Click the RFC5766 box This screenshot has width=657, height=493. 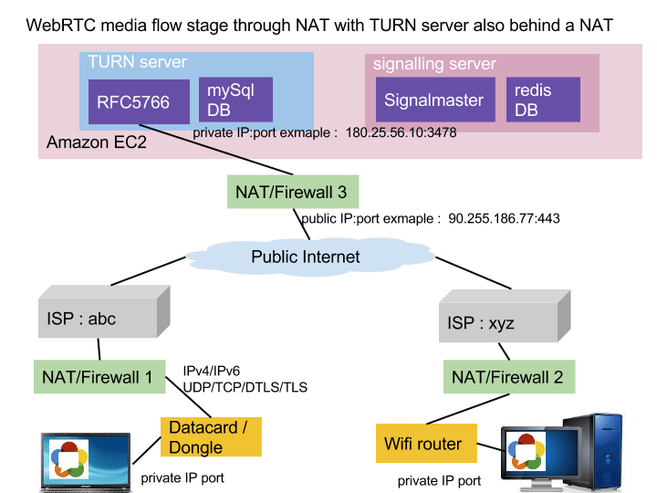(x=133, y=101)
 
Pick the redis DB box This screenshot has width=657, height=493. (x=544, y=100)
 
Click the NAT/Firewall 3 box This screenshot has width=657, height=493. (x=291, y=193)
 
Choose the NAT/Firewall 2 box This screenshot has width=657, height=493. (x=507, y=375)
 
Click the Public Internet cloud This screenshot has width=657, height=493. (x=306, y=257)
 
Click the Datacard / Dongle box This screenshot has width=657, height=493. (x=210, y=437)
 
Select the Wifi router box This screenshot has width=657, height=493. (x=425, y=445)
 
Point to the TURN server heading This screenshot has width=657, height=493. (x=137, y=62)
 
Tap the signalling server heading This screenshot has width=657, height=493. (x=434, y=64)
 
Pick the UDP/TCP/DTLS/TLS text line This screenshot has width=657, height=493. (x=246, y=387)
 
